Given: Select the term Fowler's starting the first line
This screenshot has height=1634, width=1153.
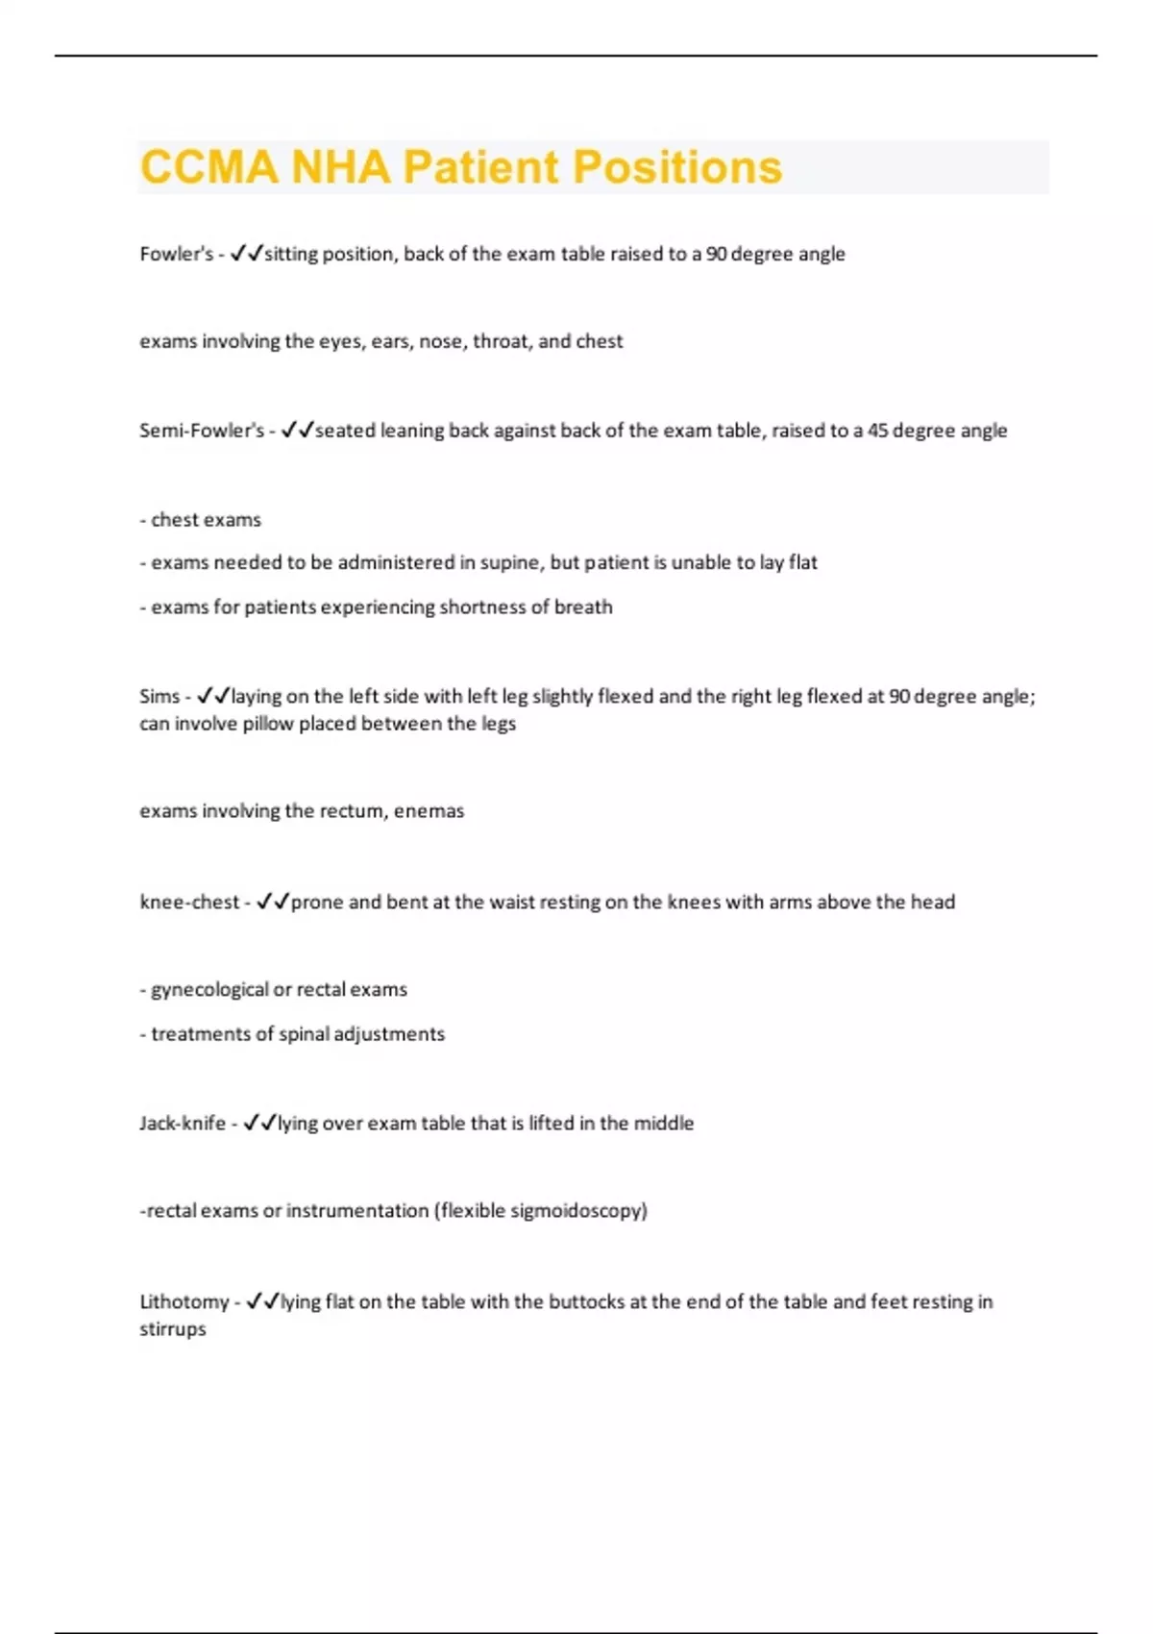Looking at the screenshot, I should pyautogui.click(x=176, y=254).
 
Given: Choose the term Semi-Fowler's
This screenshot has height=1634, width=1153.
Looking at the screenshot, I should pyautogui.click(x=202, y=431).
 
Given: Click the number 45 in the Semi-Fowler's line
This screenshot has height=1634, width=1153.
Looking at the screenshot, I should pyautogui.click(x=878, y=431).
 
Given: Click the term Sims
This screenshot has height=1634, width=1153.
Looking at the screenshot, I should pyautogui.click(x=159, y=696).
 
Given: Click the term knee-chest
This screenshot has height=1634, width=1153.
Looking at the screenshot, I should pyautogui.click(x=189, y=903).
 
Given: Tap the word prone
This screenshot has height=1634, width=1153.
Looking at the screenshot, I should pyautogui.click(x=317, y=903).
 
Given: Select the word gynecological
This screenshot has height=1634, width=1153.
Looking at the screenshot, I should pyautogui.click(x=209, y=990).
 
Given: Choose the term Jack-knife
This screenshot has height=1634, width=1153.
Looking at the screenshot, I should pyautogui.click(x=183, y=1124).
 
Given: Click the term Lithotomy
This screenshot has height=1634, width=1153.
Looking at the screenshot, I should pyautogui.click(x=184, y=1302).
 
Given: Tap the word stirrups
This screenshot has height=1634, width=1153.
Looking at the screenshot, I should pyautogui.click(x=173, y=1329).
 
